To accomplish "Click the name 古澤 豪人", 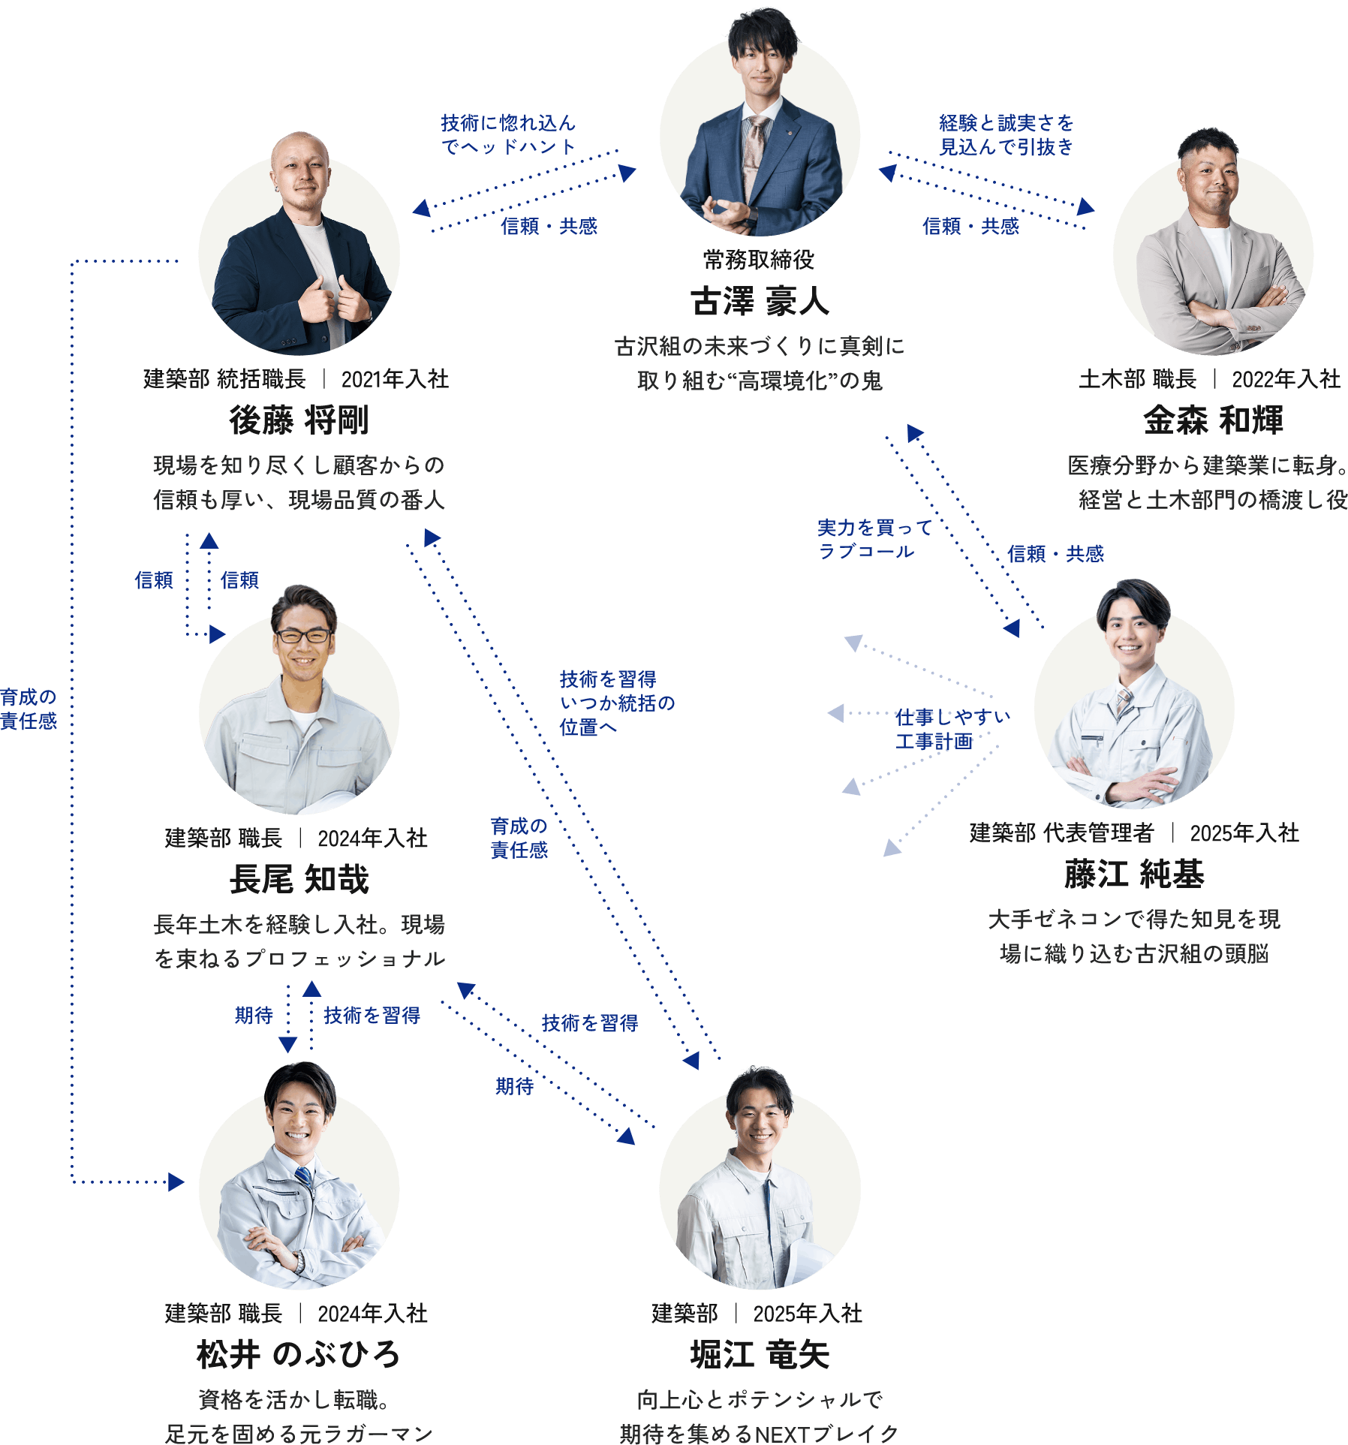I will [x=760, y=303].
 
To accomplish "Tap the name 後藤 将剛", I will [x=299, y=420].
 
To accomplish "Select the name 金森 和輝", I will [x=1213, y=420].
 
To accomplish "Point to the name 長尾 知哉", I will [x=299, y=880].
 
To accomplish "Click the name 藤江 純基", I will [x=1134, y=875].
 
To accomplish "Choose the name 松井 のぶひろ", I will [x=299, y=1355].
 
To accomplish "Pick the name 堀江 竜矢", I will [x=760, y=1355].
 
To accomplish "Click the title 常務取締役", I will [x=759, y=260].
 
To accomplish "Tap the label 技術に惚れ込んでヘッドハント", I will [x=508, y=134].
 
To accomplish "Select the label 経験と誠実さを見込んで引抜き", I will [x=1006, y=134].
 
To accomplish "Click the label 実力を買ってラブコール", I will [x=874, y=539].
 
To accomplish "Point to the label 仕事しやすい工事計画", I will [x=952, y=729].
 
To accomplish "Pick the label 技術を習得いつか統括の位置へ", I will [x=616, y=703].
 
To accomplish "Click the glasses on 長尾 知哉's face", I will [x=302, y=636].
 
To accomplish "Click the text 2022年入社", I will [x=1285, y=379].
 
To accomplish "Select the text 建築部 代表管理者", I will [x=1061, y=833].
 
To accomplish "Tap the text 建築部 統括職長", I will [x=224, y=379].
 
